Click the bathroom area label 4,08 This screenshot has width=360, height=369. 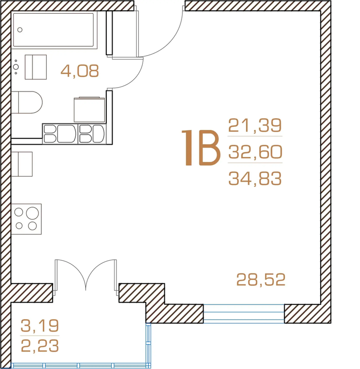(x=80, y=71)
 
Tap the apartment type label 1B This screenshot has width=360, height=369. (x=201, y=148)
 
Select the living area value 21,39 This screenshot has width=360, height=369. (x=255, y=125)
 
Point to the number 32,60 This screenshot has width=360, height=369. (x=255, y=152)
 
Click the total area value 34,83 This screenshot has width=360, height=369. (x=255, y=179)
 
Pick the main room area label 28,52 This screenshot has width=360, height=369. (x=261, y=279)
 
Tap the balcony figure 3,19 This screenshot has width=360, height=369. (x=39, y=326)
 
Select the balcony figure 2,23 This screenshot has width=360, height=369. (x=39, y=346)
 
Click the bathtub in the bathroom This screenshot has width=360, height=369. (x=54, y=30)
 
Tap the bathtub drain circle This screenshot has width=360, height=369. (x=20, y=30)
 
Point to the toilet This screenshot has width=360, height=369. (x=27, y=102)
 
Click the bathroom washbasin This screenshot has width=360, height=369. (x=36, y=67)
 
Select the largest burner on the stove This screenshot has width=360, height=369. (x=32, y=213)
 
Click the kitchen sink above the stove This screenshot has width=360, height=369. (x=22, y=164)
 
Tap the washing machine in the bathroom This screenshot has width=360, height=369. (x=90, y=110)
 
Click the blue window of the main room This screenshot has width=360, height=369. (x=244, y=313)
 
